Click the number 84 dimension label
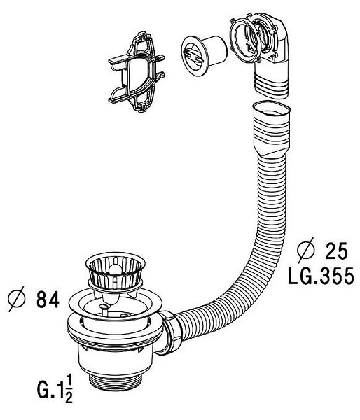tap(48, 300)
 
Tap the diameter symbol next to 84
tap(17, 299)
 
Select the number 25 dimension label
tap(336, 251)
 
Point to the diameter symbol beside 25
tap(306, 250)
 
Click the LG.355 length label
tap(321, 276)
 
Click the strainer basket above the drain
tap(116, 271)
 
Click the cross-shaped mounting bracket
tap(137, 72)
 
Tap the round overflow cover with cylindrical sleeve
tap(204, 55)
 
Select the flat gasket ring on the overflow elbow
tap(244, 41)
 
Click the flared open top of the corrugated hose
tap(272, 108)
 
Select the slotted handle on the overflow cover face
tap(194, 56)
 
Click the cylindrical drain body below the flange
tap(116, 361)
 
